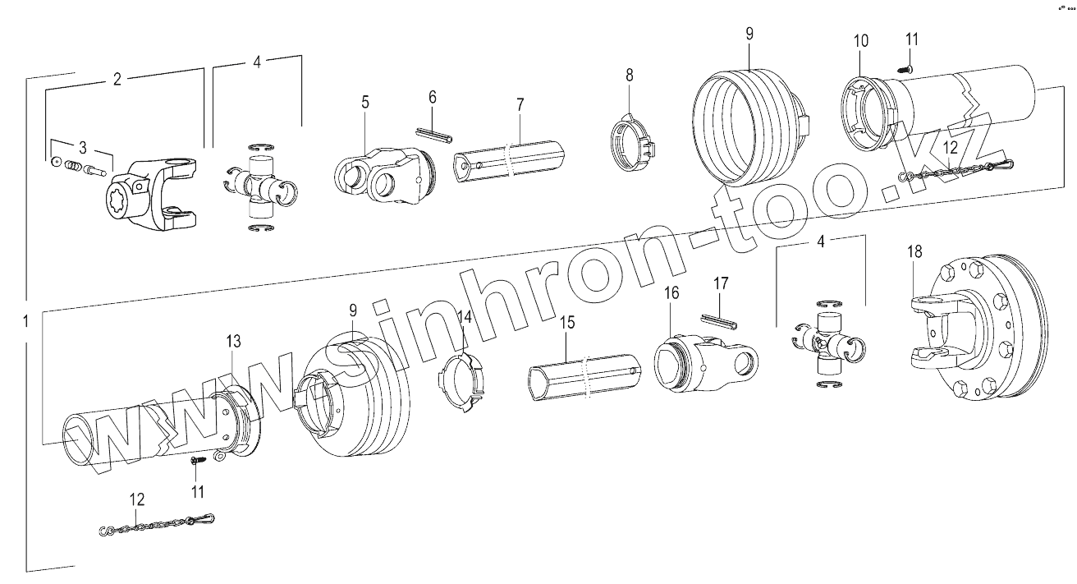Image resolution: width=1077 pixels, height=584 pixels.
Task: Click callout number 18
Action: pyautogui.click(x=915, y=251)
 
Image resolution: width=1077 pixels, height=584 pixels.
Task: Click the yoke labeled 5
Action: pyautogui.click(x=379, y=173)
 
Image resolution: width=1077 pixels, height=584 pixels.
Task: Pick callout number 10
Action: pyautogui.click(x=860, y=41)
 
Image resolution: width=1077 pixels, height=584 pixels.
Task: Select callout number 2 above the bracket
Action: pyautogui.click(x=117, y=80)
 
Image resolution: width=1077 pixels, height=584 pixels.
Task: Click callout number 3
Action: pyautogui.click(x=82, y=147)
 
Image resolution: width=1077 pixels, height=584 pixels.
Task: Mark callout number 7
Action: pyautogui.click(x=519, y=105)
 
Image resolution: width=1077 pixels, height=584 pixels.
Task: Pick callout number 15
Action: pyautogui.click(x=567, y=324)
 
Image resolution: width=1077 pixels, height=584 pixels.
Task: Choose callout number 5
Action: pyautogui.click(x=364, y=103)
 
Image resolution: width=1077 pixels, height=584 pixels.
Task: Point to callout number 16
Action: pyautogui.click(x=671, y=292)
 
